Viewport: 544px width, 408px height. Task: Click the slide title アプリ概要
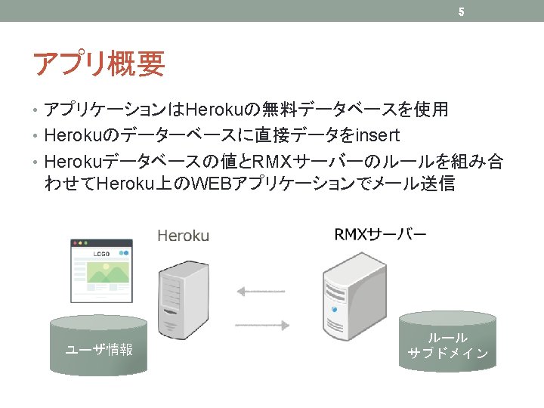[x=98, y=64]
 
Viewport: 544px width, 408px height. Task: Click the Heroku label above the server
[x=183, y=236]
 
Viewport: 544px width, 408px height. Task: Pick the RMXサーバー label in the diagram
[x=380, y=234]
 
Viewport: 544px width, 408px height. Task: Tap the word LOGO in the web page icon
[x=101, y=255]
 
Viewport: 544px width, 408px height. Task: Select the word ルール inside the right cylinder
[x=448, y=338]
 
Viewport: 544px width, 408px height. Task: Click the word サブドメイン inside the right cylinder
[x=448, y=353]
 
